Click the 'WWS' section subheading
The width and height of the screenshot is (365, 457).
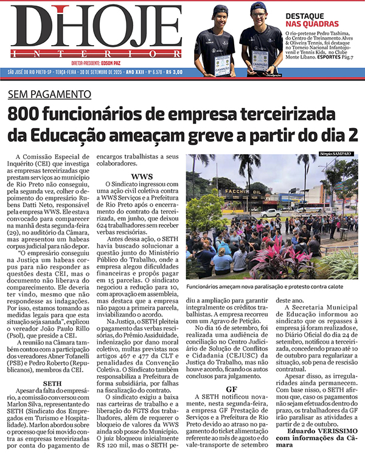[x=142, y=177]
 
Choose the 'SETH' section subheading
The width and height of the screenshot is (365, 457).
[x=53, y=317]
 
